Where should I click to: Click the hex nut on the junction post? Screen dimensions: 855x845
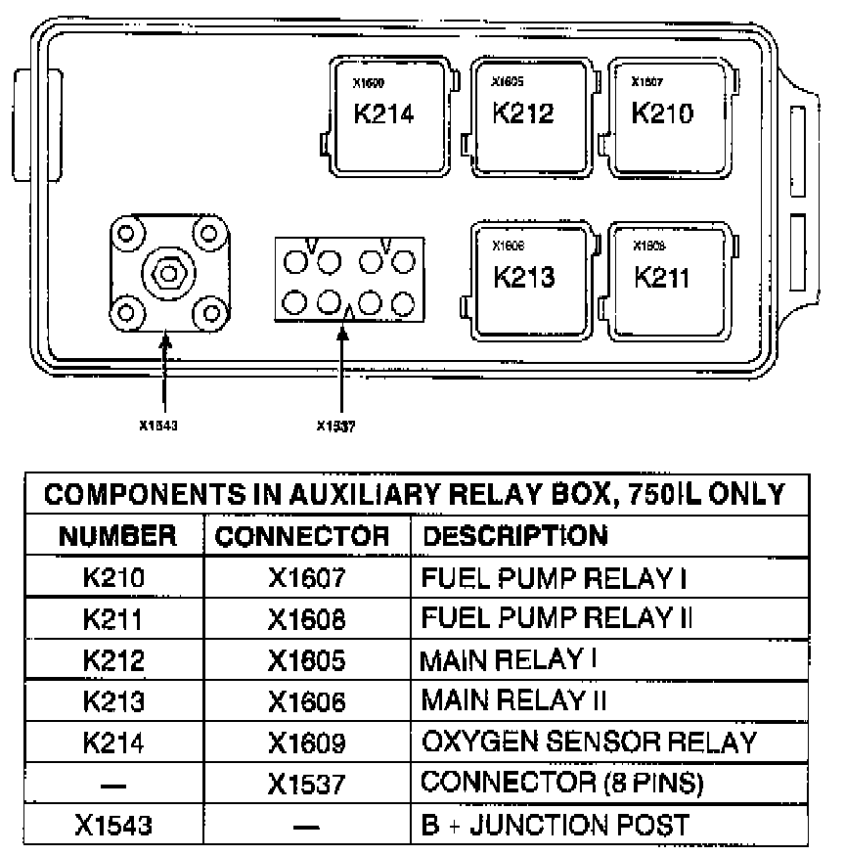click(168, 272)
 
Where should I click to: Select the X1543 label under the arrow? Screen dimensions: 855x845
click(159, 425)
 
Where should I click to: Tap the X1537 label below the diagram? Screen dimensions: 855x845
click(336, 425)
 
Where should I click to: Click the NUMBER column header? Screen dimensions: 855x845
click(117, 536)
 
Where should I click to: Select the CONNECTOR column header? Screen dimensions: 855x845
click(301, 536)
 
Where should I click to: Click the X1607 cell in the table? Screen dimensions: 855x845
click(307, 577)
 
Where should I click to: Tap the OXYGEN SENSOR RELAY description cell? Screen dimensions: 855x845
click(589, 742)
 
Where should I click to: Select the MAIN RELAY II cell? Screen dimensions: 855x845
click(514, 700)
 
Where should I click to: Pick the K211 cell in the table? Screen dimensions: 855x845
click(114, 618)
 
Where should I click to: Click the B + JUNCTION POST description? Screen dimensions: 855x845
click(555, 824)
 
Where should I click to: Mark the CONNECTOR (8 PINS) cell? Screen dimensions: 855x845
click(561, 783)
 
